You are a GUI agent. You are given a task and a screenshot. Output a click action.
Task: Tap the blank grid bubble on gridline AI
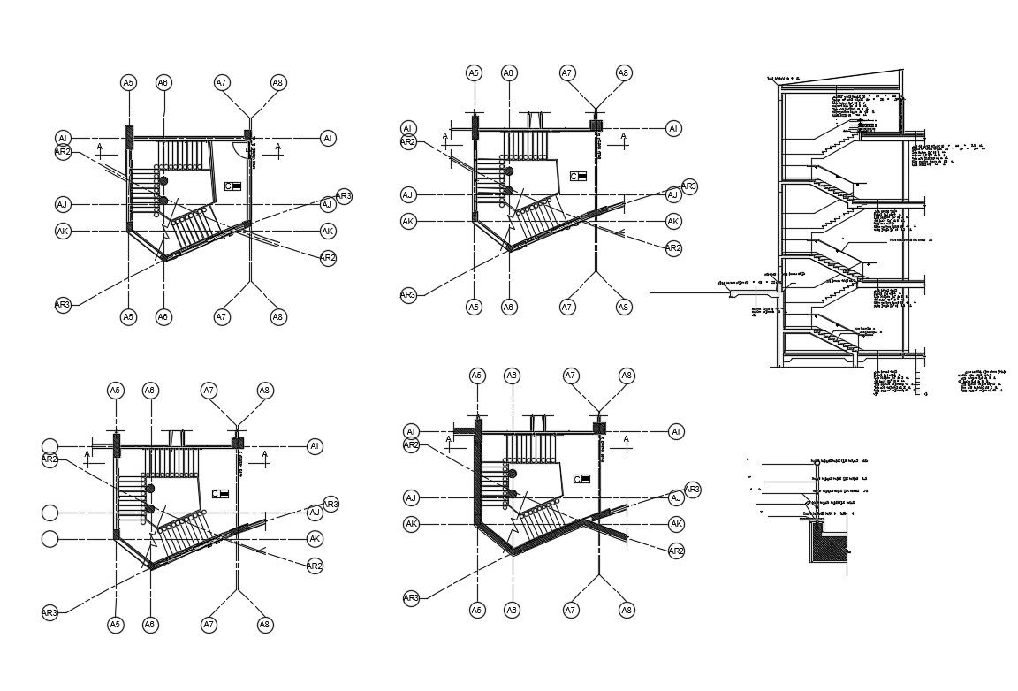tap(50, 446)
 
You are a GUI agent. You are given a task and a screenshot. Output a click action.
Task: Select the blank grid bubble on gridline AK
tap(50, 539)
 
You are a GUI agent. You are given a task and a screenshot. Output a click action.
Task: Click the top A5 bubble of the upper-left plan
tap(128, 82)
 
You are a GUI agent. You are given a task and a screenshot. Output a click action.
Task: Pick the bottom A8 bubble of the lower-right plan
tap(627, 610)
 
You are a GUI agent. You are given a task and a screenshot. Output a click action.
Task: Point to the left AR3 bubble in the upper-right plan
tap(407, 295)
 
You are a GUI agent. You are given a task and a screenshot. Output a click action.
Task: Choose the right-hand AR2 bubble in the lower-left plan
tap(315, 566)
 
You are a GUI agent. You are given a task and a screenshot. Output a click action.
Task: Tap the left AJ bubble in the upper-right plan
tap(407, 194)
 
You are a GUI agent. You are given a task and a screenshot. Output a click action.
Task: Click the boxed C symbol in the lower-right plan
tap(581, 479)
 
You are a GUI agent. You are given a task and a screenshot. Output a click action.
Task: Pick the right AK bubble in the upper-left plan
tap(328, 232)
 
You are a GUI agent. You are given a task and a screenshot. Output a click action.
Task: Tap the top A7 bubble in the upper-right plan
tap(567, 73)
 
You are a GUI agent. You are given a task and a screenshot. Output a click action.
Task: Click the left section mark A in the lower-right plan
tap(449, 439)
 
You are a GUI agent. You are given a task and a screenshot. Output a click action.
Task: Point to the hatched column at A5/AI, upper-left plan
tap(129, 138)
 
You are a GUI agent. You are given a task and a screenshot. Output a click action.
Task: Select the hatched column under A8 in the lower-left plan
tap(237, 443)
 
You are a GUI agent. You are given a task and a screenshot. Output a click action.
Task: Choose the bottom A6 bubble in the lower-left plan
tap(150, 625)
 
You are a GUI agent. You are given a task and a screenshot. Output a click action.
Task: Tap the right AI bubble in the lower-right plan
tap(676, 432)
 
